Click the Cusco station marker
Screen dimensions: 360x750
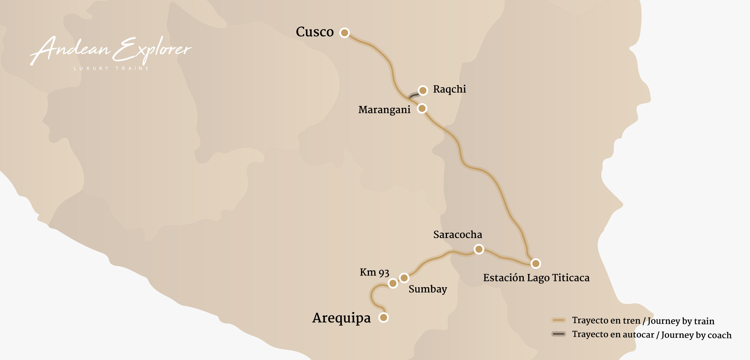(344, 32)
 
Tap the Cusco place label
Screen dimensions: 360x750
(315, 32)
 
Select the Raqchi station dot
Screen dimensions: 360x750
(423, 90)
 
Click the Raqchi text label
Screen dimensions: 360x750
(449, 89)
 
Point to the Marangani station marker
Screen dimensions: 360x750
(422, 108)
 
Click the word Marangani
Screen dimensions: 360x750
(384, 110)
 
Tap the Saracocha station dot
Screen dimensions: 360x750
(479, 249)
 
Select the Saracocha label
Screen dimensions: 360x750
(457, 235)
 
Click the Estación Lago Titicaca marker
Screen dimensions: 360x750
(535, 264)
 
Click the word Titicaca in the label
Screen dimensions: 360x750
(571, 278)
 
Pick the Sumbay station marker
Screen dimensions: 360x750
(404, 278)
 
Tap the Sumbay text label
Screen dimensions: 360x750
(427, 289)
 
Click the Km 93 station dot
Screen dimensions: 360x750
(393, 283)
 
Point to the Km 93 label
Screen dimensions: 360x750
(374, 272)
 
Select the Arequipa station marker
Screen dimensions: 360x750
(383, 317)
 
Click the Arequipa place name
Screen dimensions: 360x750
(341, 318)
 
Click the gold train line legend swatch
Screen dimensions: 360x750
(558, 320)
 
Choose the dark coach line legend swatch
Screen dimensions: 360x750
(558, 334)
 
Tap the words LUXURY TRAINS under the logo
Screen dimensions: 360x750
(111, 68)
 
